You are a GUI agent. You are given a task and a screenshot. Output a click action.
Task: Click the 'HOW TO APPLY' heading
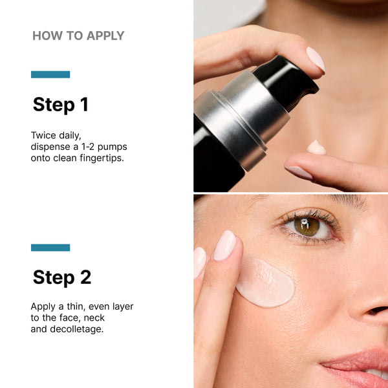[78, 36]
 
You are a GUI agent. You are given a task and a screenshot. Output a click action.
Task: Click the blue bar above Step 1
[50, 74]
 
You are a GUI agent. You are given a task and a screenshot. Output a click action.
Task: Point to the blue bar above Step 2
[50, 248]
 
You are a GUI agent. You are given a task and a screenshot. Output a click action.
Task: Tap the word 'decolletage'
[76, 329]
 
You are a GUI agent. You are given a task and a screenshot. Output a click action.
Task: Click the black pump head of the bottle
[285, 81]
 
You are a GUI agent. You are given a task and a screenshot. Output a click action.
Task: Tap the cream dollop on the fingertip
[316, 147]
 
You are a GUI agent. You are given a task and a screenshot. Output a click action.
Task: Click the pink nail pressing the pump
[315, 59]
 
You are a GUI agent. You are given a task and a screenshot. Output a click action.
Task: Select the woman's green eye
[306, 225]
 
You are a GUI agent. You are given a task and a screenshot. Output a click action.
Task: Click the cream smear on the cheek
[265, 283]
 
